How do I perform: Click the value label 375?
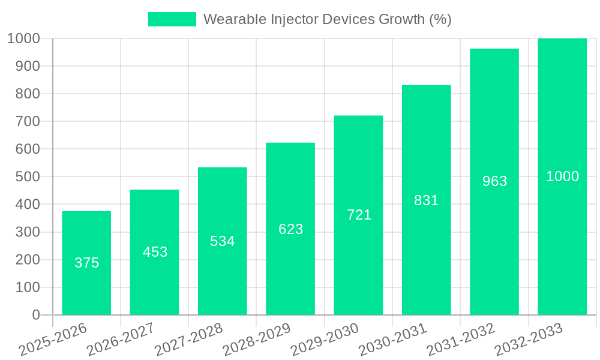click(x=86, y=263)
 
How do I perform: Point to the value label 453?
click(x=155, y=252)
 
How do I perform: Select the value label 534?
click(x=223, y=241)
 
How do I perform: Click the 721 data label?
click(x=359, y=215)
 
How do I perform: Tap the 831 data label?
click(x=427, y=200)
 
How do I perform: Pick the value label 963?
click(x=494, y=181)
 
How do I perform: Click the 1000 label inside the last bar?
click(x=562, y=176)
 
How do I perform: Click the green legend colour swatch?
click(x=172, y=19)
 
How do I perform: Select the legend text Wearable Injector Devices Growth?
click(x=327, y=19)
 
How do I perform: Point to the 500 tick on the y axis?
click(x=23, y=177)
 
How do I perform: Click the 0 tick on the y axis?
click(x=35, y=315)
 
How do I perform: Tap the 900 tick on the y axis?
click(x=23, y=66)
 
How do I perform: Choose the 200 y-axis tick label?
click(x=23, y=260)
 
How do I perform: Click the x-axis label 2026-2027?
click(x=121, y=340)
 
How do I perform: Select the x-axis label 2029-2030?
click(x=325, y=340)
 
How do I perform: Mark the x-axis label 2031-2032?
click(x=461, y=340)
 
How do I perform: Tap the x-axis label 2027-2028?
click(x=188, y=340)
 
